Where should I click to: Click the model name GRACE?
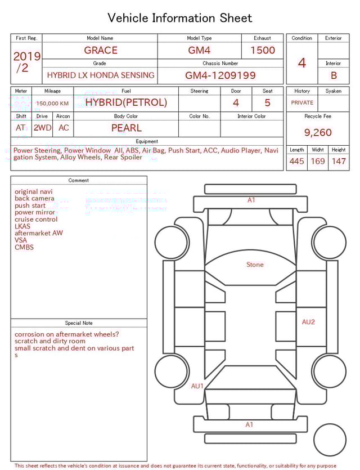click(101, 50)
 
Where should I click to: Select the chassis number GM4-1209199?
click(220, 75)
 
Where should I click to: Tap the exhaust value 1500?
click(263, 50)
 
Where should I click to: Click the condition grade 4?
click(301, 63)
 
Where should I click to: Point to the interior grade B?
click(334, 75)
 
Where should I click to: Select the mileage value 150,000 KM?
click(52, 104)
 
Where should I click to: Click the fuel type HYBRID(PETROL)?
click(126, 102)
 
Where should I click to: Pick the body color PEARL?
click(126, 128)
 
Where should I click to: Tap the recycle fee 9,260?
click(318, 133)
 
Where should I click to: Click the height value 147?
click(339, 162)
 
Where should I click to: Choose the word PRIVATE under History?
click(302, 102)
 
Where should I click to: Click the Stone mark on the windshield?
click(255, 265)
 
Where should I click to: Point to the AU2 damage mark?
click(308, 322)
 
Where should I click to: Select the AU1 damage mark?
click(197, 386)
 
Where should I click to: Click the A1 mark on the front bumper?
click(251, 200)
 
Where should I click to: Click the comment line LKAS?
click(22, 226)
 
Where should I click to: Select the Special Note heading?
click(79, 323)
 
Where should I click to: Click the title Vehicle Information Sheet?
click(180, 18)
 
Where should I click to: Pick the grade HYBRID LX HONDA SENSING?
click(101, 75)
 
